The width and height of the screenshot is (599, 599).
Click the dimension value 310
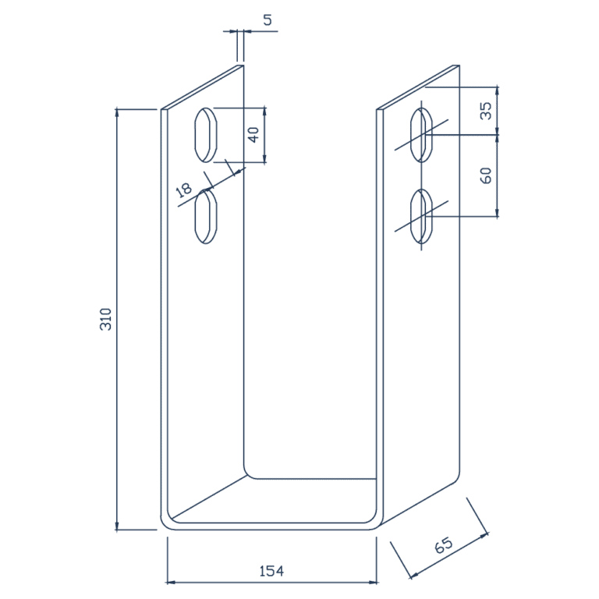pos(107,319)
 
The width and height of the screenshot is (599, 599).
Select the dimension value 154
pos(271,571)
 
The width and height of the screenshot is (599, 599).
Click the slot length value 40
pos(253,134)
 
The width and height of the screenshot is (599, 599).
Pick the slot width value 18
pos(184,189)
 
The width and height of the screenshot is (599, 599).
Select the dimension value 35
pos(486,111)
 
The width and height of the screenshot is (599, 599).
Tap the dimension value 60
pos(486,175)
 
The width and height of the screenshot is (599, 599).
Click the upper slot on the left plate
pos(206,134)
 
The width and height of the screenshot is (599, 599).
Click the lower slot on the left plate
pos(206,216)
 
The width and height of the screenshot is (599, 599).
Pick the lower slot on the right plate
pos(422,216)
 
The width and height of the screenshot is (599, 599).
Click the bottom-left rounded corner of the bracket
pos(166,523)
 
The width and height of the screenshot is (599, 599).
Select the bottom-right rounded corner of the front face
pos(372,523)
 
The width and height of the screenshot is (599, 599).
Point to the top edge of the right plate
pos(418,87)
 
